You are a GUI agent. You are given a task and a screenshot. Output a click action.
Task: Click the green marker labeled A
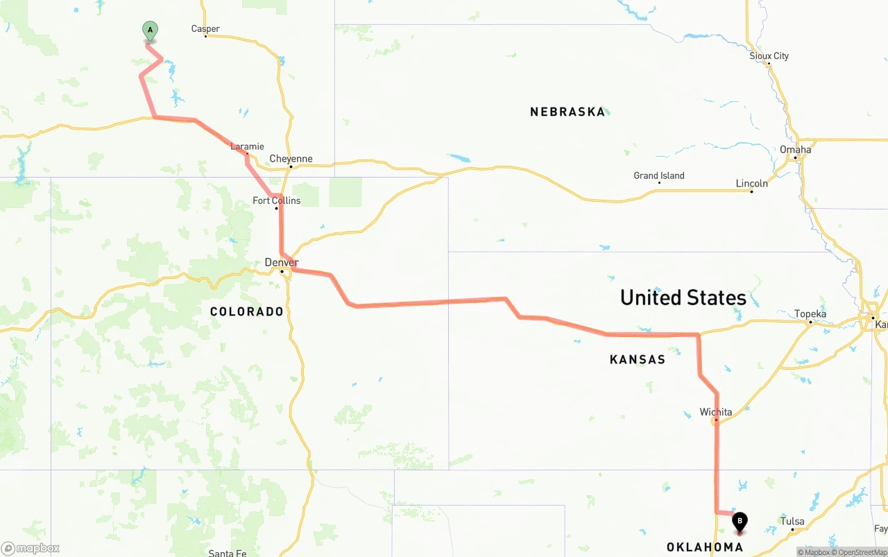pos(150,31)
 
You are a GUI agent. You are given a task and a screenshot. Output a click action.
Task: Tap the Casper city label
pos(205,29)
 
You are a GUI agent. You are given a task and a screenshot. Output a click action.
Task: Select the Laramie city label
pos(247,146)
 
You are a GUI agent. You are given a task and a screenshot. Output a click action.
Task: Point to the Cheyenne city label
pos(291,159)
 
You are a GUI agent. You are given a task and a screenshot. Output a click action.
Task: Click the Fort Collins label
pos(276,200)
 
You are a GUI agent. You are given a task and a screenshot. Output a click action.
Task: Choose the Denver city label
pos(281,262)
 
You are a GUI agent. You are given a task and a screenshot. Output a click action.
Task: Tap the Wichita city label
pos(715,412)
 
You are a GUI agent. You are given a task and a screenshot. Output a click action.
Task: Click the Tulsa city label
pos(792,521)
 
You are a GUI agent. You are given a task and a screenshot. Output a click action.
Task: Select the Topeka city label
pos(810,314)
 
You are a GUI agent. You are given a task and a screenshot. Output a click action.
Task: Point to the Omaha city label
pos(795,149)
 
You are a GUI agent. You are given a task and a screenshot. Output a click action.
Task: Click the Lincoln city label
pos(751,183)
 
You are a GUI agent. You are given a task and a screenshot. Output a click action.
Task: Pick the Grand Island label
pos(658,175)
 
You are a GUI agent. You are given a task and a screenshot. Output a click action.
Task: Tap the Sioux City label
pos(769,55)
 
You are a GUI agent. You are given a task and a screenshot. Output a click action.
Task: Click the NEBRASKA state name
pos(567,112)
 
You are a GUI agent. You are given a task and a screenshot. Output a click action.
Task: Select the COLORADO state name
pos(247,311)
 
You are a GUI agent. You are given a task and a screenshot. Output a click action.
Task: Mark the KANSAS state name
pos(637,359)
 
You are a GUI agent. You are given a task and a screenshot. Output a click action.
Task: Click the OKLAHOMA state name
pos(704,547)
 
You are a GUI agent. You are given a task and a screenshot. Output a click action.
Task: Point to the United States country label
pos(683,298)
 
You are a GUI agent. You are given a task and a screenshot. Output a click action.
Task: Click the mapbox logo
pos(31,548)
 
